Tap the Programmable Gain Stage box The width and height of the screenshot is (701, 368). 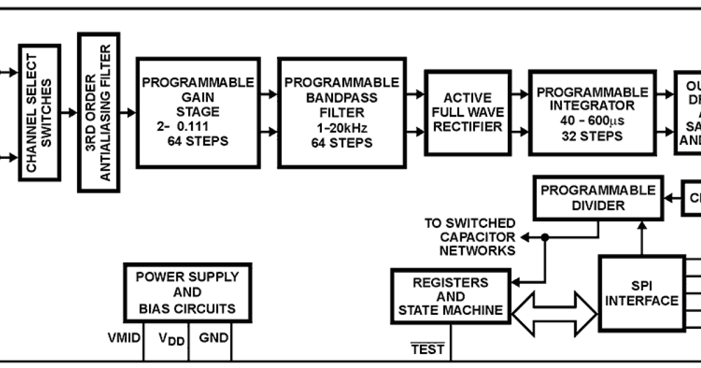tap(198, 112)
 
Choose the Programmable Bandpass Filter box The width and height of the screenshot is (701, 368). tap(341, 112)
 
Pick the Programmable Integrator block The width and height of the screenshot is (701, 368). tap(592, 113)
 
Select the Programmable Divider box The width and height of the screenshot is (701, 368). tap(598, 198)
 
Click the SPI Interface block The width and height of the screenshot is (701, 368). tap(641, 293)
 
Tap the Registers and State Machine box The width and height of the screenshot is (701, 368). tap(450, 296)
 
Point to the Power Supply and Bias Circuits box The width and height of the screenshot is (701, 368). tap(187, 292)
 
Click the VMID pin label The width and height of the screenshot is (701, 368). tap(124, 338)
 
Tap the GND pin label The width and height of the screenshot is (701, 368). tap(213, 338)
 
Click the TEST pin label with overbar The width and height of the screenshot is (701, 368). tap(428, 349)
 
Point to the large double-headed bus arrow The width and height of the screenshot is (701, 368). tap(554, 315)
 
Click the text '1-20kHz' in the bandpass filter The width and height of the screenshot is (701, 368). tap(341, 128)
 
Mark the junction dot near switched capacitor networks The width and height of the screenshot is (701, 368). tap(544, 237)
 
